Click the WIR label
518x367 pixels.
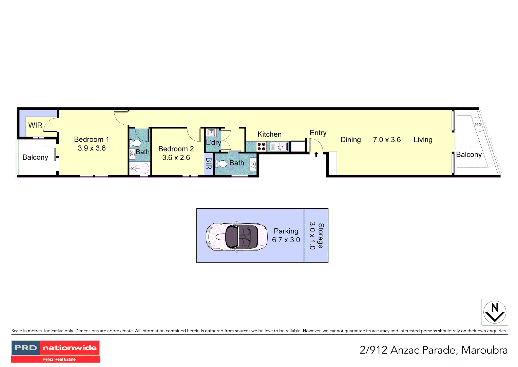tap(35, 125)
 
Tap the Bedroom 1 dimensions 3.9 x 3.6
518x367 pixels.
tap(92, 148)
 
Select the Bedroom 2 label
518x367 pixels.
tap(176, 149)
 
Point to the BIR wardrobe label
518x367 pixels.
tap(209, 163)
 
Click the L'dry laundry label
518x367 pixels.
tap(213, 143)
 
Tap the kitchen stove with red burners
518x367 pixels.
tap(261, 146)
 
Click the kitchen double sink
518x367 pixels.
tap(279, 146)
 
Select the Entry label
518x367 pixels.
tap(318, 133)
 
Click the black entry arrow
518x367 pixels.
tap(316, 154)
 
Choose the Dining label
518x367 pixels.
tap(350, 140)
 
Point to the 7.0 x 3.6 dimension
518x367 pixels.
tap(387, 140)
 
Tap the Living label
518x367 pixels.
tap(423, 140)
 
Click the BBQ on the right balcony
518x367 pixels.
tap(478, 124)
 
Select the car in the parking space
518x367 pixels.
tap(232, 237)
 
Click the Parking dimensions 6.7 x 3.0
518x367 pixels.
tap(286, 240)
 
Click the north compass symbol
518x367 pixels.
tap(495, 312)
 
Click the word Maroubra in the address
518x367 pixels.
tap(484, 350)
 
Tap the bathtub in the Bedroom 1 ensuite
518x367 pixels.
tap(140, 168)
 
